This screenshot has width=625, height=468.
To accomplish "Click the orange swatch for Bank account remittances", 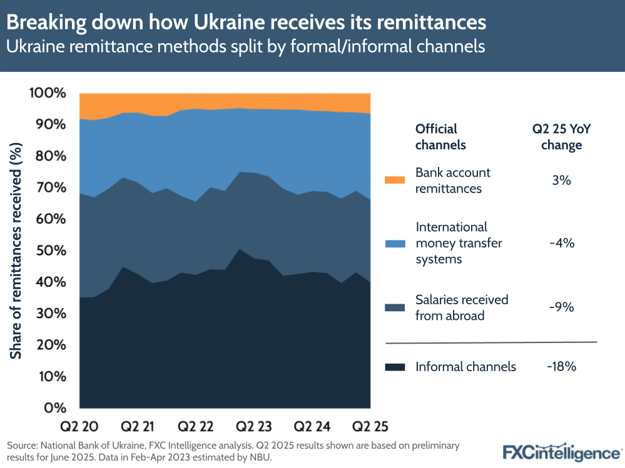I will [x=395, y=180].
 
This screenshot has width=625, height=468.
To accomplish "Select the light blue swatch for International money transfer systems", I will [x=395, y=243].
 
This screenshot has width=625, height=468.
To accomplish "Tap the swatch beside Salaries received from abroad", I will [x=395, y=307].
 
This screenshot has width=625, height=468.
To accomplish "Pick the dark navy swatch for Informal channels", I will [x=395, y=367].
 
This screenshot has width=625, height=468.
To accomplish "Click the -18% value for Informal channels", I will [x=561, y=367].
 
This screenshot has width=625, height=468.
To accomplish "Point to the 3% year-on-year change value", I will [x=561, y=180].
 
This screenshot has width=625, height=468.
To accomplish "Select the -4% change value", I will [x=561, y=243].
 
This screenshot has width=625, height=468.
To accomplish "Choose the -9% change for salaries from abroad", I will [x=561, y=307].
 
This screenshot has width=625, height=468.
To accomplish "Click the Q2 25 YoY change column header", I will [x=561, y=137].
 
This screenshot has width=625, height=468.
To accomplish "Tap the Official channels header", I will [x=440, y=137].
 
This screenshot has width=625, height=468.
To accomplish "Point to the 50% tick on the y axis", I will [x=47, y=251].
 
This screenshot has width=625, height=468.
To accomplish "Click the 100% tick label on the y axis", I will [x=47, y=93].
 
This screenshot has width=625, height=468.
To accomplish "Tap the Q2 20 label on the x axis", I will [x=79, y=427].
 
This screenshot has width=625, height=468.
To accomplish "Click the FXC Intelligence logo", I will [x=561, y=452].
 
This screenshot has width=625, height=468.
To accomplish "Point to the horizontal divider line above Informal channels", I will [x=491, y=342].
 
